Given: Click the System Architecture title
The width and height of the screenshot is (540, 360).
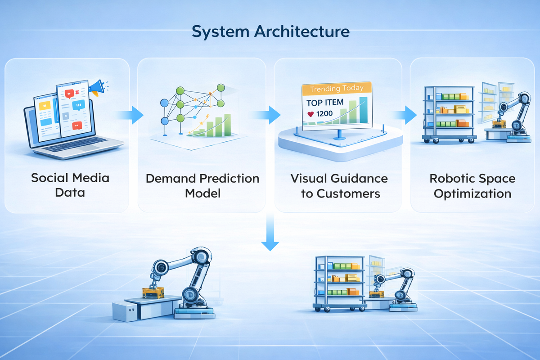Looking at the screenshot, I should click(270, 32).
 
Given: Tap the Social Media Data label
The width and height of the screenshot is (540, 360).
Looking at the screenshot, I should click(70, 185).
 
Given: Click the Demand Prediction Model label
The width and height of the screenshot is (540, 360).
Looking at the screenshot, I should click(202, 185).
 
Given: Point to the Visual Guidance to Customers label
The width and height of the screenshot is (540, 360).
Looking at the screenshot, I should click(339, 185).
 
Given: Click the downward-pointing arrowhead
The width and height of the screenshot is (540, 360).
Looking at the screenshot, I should click(270, 245).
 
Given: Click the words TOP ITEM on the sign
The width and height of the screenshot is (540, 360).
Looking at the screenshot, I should click(325, 103).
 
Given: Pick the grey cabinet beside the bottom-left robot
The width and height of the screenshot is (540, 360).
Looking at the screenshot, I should click(124, 310).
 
